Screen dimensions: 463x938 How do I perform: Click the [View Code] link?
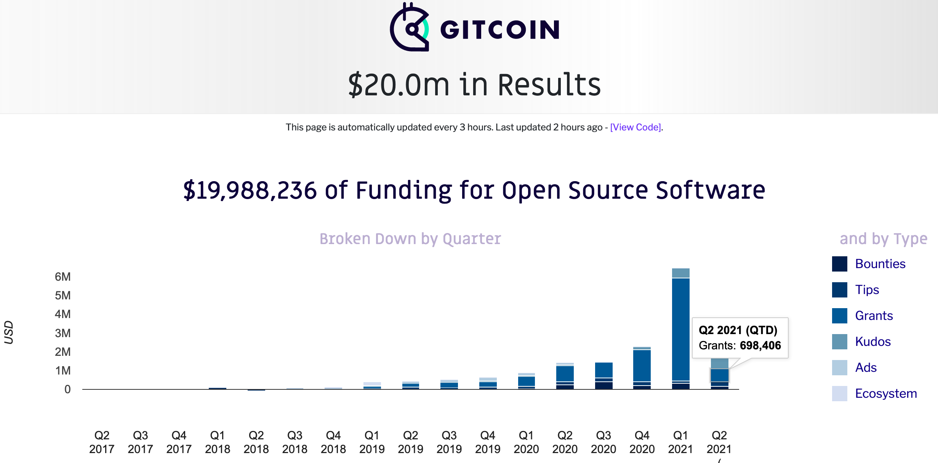coord(635,127)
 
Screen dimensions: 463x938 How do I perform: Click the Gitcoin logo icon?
coord(410,27)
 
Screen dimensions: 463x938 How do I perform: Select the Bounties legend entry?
coord(880,264)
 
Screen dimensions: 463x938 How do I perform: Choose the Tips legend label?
coord(867,290)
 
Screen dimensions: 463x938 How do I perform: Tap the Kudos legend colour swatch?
coord(839,342)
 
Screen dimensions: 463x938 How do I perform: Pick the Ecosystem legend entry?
coord(885,394)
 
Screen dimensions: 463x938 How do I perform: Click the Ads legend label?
coord(866,368)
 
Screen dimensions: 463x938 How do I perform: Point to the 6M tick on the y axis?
coord(63,277)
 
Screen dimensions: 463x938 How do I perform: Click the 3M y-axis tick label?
coord(63,333)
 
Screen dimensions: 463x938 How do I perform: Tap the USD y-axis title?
coord(9,333)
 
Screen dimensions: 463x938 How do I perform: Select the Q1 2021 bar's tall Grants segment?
coord(680,328)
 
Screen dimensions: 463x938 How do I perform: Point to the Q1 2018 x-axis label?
coord(218,442)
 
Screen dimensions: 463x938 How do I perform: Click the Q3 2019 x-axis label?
coord(449,442)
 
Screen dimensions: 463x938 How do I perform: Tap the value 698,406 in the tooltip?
coord(760,346)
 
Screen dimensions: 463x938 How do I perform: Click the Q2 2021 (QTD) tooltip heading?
coord(738,330)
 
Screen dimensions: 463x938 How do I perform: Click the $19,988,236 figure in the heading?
coord(250,190)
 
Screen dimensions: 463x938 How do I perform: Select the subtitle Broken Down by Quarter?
coord(410,239)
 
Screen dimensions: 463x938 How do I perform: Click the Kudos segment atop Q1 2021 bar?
coord(680,273)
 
